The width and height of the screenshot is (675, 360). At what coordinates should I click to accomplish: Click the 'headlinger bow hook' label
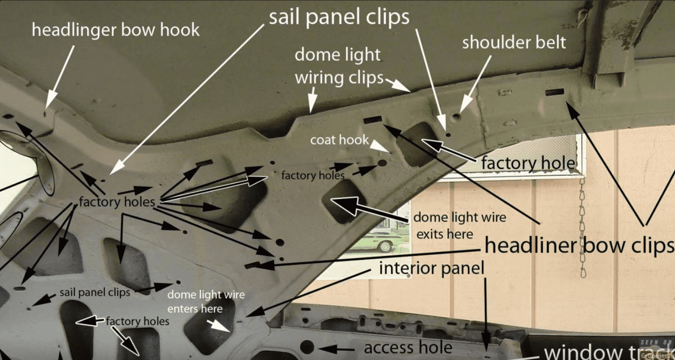(x=115, y=30)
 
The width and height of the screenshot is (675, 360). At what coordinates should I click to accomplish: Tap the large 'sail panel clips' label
(x=339, y=18)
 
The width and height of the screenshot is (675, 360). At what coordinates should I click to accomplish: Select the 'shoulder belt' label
(x=514, y=43)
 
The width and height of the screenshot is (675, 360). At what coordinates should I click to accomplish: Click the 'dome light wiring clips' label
(x=338, y=66)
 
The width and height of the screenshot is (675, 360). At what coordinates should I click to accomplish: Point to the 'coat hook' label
(x=339, y=140)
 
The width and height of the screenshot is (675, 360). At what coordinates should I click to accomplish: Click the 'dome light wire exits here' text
(x=459, y=225)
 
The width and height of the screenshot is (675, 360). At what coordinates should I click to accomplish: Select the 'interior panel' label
(x=431, y=268)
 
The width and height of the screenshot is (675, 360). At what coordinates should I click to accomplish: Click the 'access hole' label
(x=408, y=348)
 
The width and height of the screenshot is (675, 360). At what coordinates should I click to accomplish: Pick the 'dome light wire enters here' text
(x=206, y=302)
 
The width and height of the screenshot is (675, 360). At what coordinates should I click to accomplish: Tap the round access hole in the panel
(x=307, y=347)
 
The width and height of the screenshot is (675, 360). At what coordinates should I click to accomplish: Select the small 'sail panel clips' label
(x=95, y=292)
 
